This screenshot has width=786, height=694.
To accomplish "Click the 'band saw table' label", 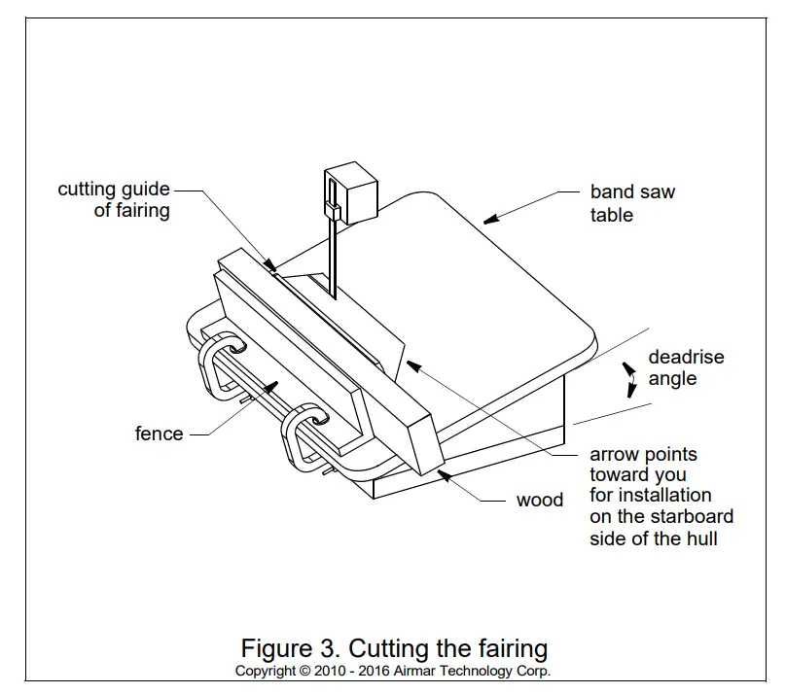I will [x=631, y=203].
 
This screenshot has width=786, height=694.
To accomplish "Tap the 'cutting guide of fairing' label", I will [x=114, y=199].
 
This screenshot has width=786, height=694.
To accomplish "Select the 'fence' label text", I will [x=159, y=434].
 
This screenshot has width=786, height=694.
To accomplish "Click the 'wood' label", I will [x=539, y=500].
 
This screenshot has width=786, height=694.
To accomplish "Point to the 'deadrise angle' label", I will [x=686, y=367].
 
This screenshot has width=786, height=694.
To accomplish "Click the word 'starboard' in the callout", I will [x=689, y=516].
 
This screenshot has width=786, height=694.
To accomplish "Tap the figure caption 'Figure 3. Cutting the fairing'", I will [x=393, y=647].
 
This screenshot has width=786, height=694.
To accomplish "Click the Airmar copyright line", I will [x=393, y=672].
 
